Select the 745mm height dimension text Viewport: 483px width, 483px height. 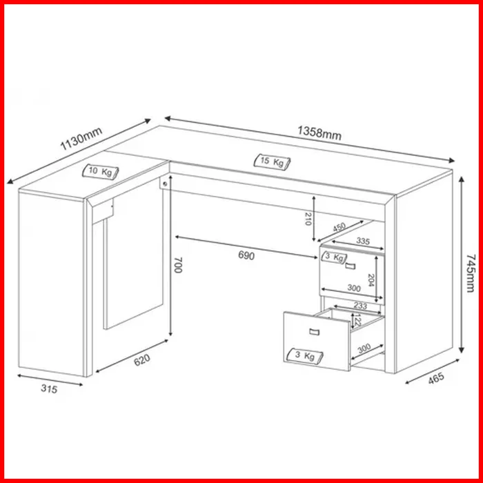coord(471,273)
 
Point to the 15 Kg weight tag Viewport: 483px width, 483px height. coord(272,161)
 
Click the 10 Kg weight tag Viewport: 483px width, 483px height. coord(101,171)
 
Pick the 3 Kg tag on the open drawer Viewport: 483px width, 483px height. coord(305,356)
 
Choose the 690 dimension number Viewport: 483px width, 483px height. coord(246,255)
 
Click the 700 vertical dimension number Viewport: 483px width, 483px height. coord(178,265)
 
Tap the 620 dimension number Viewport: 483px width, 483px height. coord(142,359)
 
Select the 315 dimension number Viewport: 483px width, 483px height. coord(49,388)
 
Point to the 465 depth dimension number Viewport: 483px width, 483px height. coord(436,378)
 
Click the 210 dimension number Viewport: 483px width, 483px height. coord(308,219)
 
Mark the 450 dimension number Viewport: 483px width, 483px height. coord(339,227)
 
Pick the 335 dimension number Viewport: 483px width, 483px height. coord(363,241)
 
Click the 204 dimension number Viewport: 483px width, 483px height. coord(371,280)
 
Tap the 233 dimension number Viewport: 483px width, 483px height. coord(360,306)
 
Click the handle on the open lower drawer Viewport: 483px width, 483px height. coord(314,331)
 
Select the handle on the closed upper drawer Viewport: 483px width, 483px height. coord(350,266)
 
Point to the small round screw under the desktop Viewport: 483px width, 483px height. coord(165,184)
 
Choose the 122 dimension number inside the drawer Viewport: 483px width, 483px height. coord(357,320)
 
